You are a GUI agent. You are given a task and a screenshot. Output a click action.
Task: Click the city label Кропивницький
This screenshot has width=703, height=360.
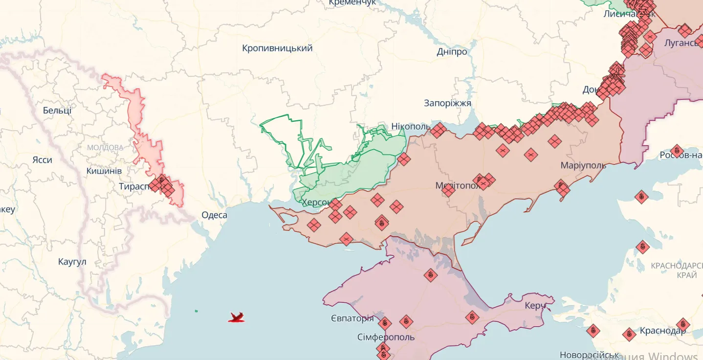pyautogui.click(x=277, y=48)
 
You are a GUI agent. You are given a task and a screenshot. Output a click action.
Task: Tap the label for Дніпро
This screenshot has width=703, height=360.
pyautogui.click(x=452, y=51)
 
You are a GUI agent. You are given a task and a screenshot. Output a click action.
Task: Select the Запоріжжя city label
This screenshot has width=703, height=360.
pyautogui.click(x=447, y=103)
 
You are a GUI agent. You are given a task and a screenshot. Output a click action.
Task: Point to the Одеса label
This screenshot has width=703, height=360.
pyautogui.click(x=214, y=215)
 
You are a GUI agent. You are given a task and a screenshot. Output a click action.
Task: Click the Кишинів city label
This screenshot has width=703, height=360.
pyautogui.click(x=104, y=171)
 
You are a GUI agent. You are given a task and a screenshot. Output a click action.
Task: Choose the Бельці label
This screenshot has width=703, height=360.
pyautogui.click(x=57, y=110)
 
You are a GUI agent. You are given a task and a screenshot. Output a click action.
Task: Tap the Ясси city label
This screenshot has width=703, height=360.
pyautogui.click(x=42, y=160)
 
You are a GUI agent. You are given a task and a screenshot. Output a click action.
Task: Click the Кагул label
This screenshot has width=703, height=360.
pyautogui.click(x=72, y=262)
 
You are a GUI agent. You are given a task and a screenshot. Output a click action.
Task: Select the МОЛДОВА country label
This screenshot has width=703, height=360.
pyautogui.click(x=105, y=147)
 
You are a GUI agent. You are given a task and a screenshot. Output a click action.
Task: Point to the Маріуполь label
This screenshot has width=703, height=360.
pyautogui.click(x=583, y=165)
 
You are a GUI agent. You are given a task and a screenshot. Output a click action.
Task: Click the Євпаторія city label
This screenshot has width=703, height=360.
pyautogui.click(x=352, y=318)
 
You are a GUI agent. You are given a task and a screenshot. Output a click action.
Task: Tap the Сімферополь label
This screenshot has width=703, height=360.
pyautogui.click(x=386, y=337)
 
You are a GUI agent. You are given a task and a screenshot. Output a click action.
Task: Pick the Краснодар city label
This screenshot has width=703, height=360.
pyautogui.click(x=662, y=331)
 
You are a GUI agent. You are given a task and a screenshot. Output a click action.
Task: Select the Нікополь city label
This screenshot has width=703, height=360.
pyautogui.click(x=411, y=127)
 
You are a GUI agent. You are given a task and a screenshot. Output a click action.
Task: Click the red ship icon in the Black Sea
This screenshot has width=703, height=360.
pyautogui.click(x=236, y=318)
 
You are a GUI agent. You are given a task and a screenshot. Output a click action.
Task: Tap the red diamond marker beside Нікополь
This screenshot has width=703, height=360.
pyautogui.click(x=439, y=130)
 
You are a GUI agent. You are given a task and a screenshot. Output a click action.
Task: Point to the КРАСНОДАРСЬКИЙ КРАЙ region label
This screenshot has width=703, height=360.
pyautogui.click(x=677, y=270)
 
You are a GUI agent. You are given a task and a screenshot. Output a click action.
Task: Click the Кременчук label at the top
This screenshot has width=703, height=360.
pyautogui.click(x=352, y=3)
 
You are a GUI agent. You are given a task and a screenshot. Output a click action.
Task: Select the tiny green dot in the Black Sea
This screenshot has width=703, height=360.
pyautogui.click(x=196, y=311)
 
